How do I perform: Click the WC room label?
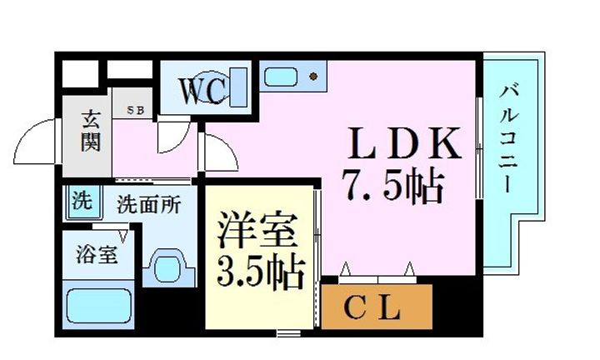point(199,91)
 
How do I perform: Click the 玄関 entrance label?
point(90,131)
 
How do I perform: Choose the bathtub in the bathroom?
point(99,306)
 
